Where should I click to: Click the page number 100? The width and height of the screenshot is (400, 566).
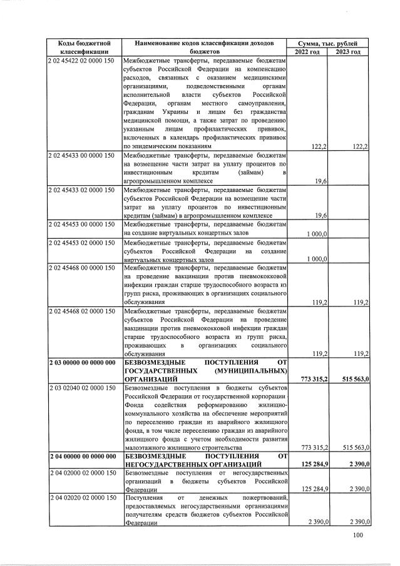[x=357, y=535]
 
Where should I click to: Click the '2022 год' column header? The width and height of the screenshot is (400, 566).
[x=307, y=51]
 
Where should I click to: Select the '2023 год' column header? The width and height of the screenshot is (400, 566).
[x=348, y=51]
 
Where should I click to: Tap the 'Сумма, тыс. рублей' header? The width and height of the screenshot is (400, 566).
[x=328, y=43]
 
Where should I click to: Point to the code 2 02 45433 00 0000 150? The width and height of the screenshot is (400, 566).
[x=81, y=154]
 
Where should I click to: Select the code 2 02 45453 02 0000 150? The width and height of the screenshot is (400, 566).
[x=81, y=243]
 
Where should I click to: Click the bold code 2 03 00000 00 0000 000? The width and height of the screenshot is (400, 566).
[x=81, y=362]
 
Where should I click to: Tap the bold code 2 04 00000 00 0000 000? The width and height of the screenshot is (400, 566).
[x=81, y=456]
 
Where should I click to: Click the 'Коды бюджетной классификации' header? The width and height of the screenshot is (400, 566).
[x=84, y=47]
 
